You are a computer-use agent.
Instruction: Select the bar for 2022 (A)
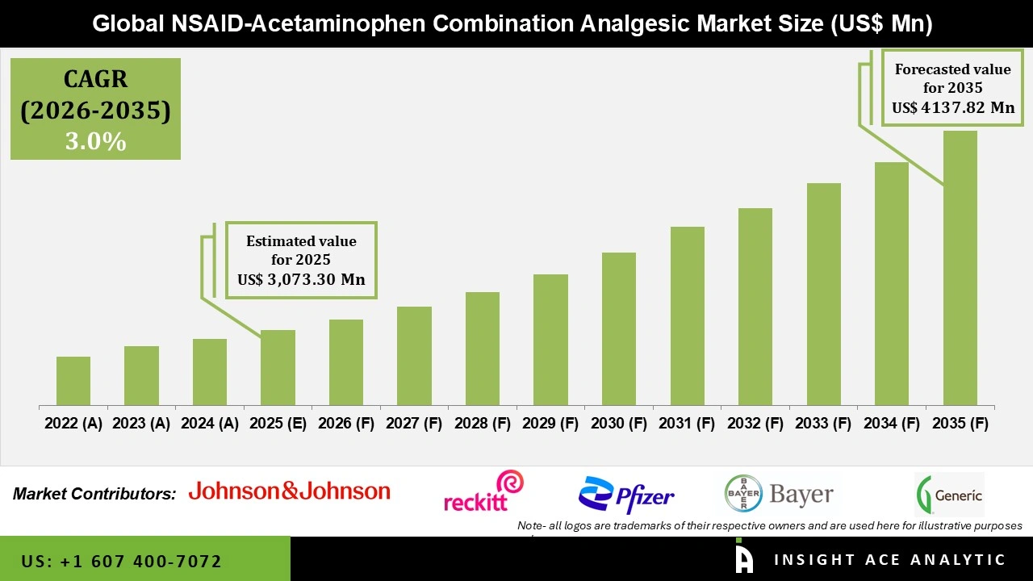pos(73,381)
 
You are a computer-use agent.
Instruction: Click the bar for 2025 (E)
pos(278,367)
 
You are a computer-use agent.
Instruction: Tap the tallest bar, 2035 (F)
pos(960,268)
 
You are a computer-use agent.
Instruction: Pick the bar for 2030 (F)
pos(619,328)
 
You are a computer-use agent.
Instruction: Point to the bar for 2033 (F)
pos(824,294)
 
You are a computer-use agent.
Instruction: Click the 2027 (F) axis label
pos(414,424)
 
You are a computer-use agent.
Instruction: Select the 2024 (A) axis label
pos(209,424)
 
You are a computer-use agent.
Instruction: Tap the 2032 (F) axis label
pos(755,424)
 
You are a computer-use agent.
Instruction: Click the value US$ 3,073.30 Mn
pos(301,280)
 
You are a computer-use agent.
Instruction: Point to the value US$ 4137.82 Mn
pos(953,107)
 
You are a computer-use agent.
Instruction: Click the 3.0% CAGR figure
pos(95,142)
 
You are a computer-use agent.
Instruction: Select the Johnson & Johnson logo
pos(289,491)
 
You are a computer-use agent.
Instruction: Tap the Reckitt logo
pos(483,491)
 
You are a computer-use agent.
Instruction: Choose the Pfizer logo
pos(626,495)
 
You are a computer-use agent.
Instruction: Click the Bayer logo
pos(779,494)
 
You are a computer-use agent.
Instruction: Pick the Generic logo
pos(949,495)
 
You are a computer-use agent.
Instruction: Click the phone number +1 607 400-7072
pos(122,561)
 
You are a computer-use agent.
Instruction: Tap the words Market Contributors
pos(94,494)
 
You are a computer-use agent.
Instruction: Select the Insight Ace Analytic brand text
pos(889,560)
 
